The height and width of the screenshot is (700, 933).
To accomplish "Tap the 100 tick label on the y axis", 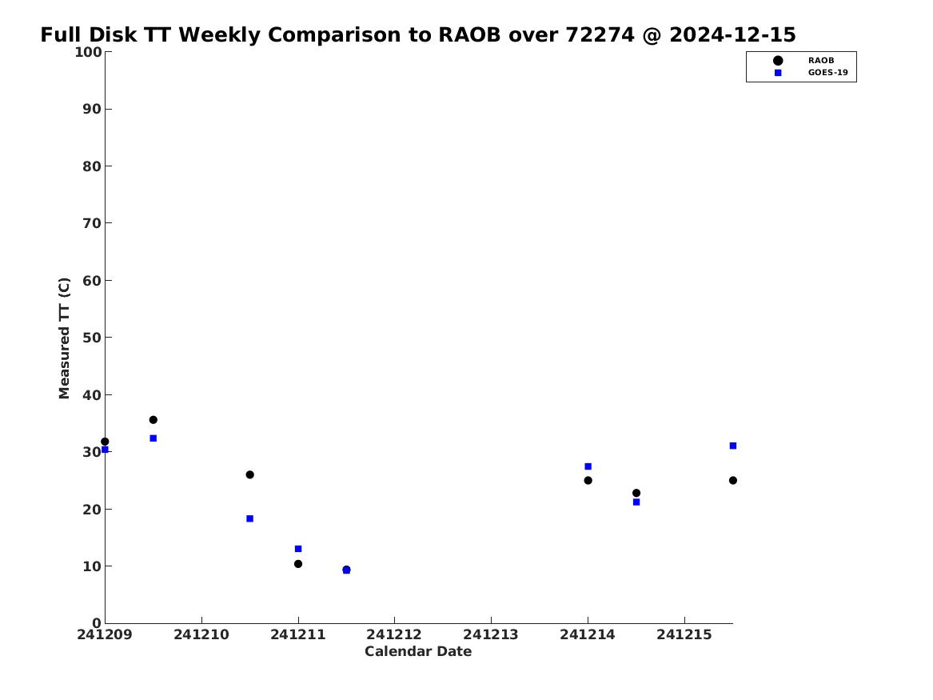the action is point(88,52).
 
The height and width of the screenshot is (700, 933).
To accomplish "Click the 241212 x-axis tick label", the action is point(394,634).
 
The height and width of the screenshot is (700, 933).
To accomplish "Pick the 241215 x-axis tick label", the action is point(684,634).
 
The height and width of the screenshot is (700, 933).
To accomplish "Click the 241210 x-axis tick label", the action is point(201,634).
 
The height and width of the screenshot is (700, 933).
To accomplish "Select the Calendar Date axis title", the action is point(418,652).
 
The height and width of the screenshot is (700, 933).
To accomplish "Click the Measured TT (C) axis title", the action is point(64,338).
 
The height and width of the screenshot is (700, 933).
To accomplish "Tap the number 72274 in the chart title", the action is point(600,35).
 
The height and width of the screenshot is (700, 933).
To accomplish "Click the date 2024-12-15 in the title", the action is point(732,35).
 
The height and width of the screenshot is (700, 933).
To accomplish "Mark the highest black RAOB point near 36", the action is point(153,420).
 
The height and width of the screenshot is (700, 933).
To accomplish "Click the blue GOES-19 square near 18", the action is point(250,518).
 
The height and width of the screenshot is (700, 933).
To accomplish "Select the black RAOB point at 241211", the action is point(298,564).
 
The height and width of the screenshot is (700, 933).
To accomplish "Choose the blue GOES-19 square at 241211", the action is point(298,549).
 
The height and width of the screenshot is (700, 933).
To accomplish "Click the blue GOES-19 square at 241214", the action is point(588,466).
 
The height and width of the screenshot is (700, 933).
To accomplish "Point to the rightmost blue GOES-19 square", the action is point(733,446).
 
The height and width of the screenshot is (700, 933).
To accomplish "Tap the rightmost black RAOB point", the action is point(733,480).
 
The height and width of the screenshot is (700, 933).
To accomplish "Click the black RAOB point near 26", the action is point(250,474).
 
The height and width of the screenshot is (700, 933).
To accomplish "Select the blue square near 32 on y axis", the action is point(153,438).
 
